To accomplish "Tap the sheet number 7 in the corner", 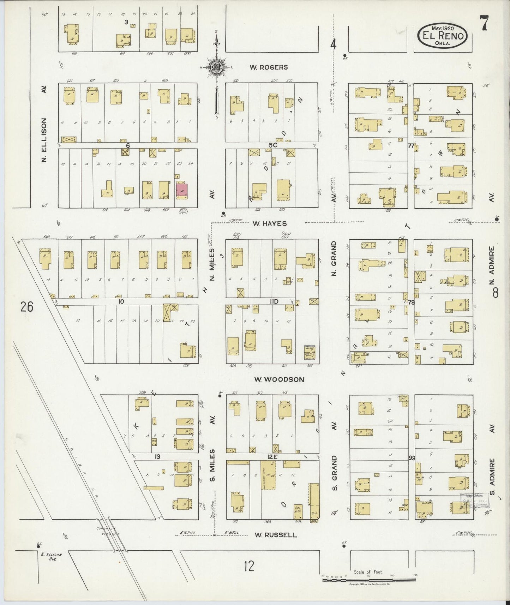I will (484, 24).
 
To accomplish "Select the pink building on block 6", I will (182, 190).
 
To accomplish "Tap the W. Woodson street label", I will (279, 379).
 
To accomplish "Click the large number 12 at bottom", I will (249, 566).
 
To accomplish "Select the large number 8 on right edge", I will (496, 292).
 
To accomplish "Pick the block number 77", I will (410, 145).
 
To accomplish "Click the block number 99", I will (412, 458).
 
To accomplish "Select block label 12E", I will (272, 457).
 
